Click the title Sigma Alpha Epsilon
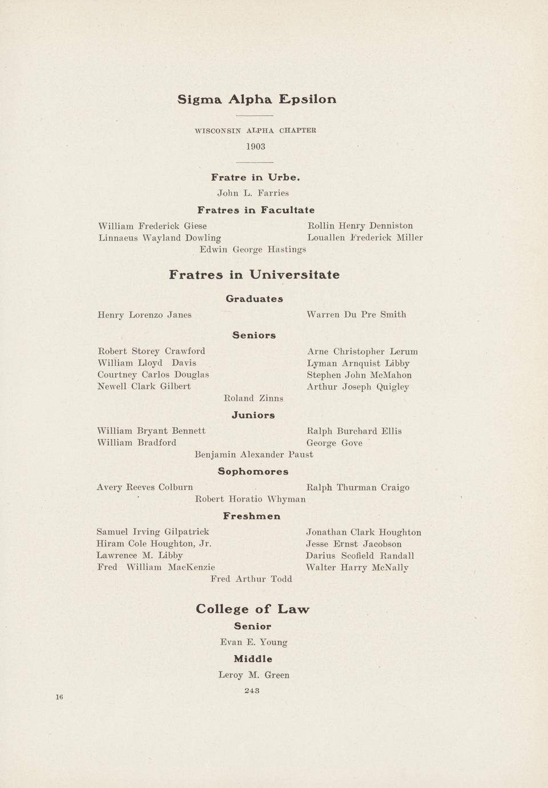257,99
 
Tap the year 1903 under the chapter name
256,147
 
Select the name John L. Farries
253,193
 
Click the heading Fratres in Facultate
256,210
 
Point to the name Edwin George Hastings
253,250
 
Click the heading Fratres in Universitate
254,275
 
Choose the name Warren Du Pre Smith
356,315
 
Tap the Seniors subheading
254,335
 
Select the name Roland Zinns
253,398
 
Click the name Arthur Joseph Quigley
358,387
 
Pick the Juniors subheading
253,415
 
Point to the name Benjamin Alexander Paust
254,455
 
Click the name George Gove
335,443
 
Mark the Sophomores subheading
253,472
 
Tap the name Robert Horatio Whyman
251,500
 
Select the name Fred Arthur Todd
251,579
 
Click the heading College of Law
253,609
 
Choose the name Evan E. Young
254,642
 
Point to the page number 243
252,690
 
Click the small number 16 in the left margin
59,697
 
